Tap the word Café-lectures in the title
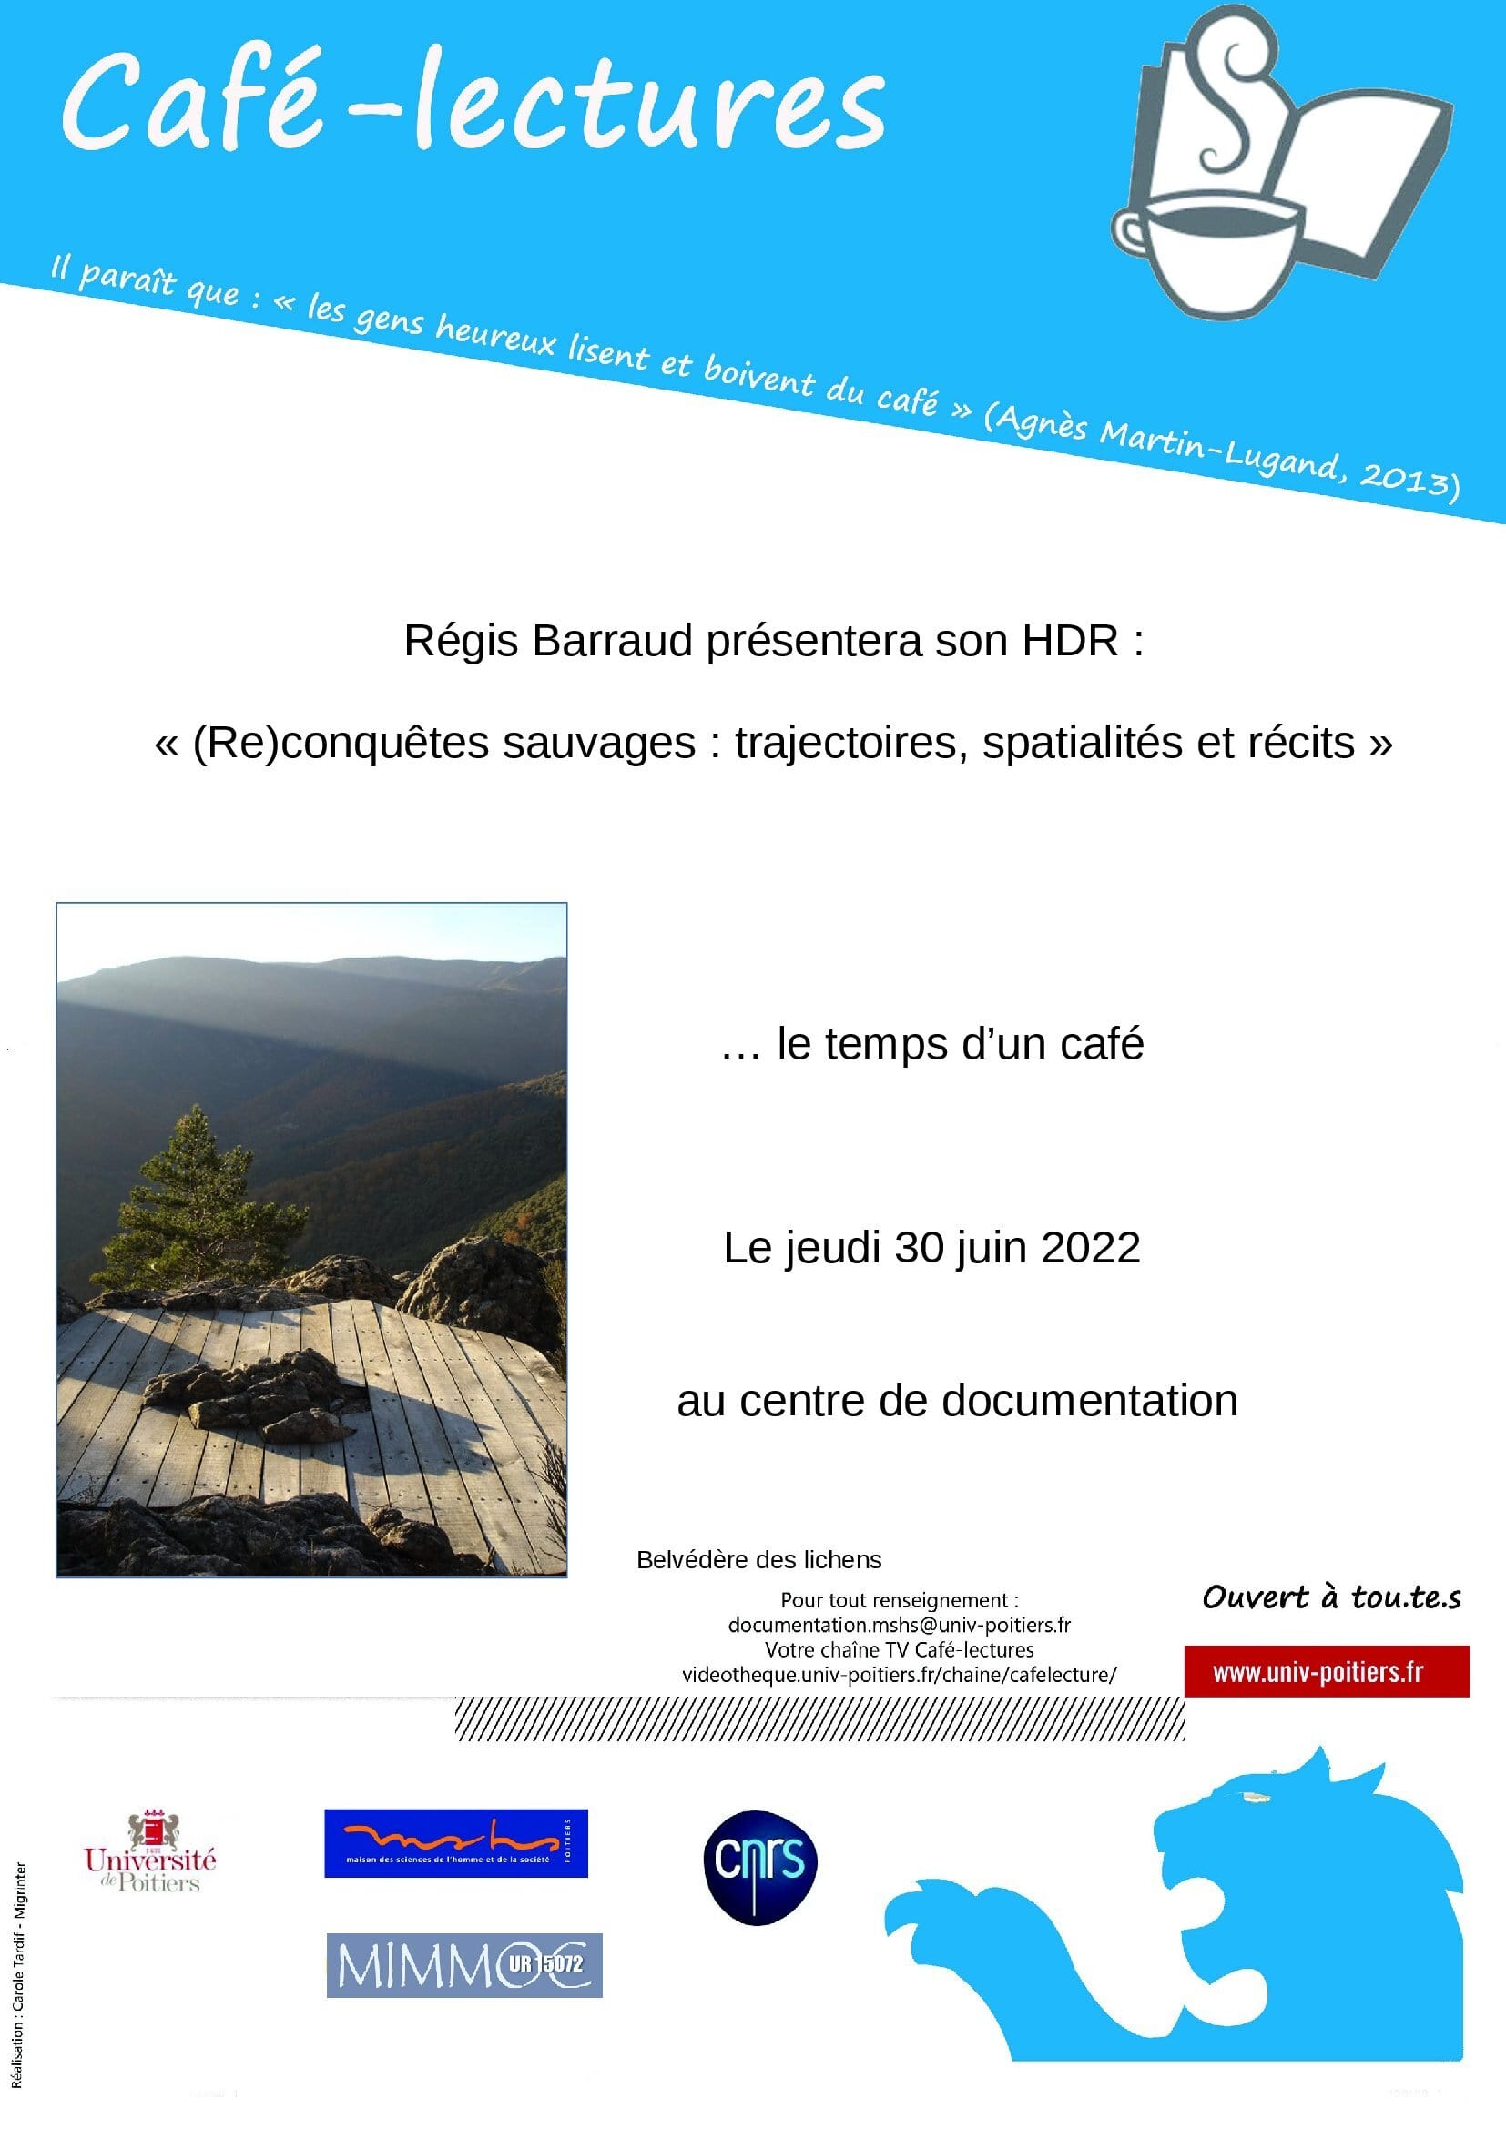click(473, 102)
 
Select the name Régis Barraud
click(547, 641)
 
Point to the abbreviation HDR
click(1070, 641)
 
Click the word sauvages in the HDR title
click(598, 743)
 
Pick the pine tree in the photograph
click(199, 1196)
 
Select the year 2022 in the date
click(1091, 1248)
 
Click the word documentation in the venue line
click(1090, 1400)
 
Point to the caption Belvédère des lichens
click(758, 1560)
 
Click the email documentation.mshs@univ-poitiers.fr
click(899, 1625)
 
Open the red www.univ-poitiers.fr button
click(1326, 1672)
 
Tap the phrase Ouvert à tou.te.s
click(1332, 1597)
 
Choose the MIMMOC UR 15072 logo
click(463, 1964)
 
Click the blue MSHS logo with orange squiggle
click(455, 1843)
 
